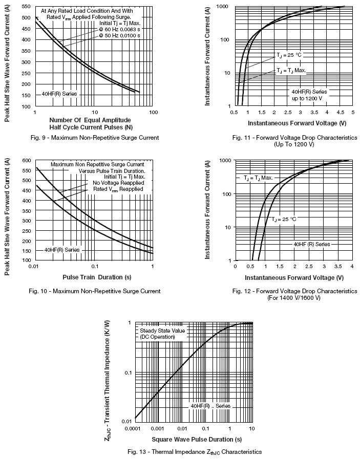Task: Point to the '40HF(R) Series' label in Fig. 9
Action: pyautogui.click(x=60, y=94)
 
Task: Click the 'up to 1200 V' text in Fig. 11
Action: pyautogui.click(x=307, y=98)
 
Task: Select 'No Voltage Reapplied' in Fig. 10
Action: pyautogui.click(x=118, y=183)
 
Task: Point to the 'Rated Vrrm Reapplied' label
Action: pyautogui.click(x=118, y=189)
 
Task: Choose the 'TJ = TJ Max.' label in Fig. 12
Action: pyautogui.click(x=258, y=178)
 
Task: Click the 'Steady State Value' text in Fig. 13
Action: pyautogui.click(x=162, y=331)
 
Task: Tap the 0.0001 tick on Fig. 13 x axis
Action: pyautogui.click(x=136, y=428)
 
